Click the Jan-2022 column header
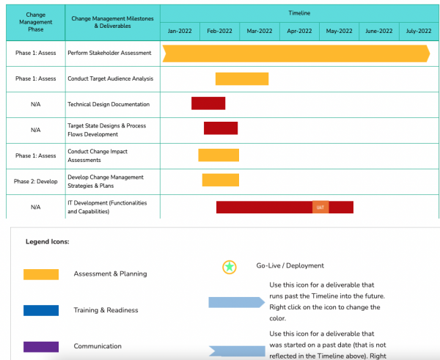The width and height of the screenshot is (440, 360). coord(180,31)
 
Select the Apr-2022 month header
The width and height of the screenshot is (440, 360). coord(299,31)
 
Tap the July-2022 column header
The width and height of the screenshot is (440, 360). coord(419,31)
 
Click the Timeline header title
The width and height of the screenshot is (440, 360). coord(299,13)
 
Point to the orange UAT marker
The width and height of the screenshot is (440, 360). coord(320,207)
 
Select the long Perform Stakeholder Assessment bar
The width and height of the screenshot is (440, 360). coord(296,53)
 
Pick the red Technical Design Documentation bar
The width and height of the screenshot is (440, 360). coord(208,103)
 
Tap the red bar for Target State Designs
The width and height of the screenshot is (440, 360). coord(221,128)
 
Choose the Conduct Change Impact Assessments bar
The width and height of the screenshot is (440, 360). coord(219,155)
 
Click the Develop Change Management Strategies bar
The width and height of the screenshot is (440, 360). coord(221,180)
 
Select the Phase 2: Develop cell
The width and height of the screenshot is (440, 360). coord(36,181)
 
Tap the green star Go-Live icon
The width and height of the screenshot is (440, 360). coord(230,267)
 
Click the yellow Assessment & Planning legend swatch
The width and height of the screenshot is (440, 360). coord(41,274)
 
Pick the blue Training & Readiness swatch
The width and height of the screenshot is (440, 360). coord(41,310)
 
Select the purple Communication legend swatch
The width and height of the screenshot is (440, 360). coord(41,346)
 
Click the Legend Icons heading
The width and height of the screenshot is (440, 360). coord(47,241)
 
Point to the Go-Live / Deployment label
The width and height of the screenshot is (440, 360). coord(290,265)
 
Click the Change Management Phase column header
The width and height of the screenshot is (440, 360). coord(35,22)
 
